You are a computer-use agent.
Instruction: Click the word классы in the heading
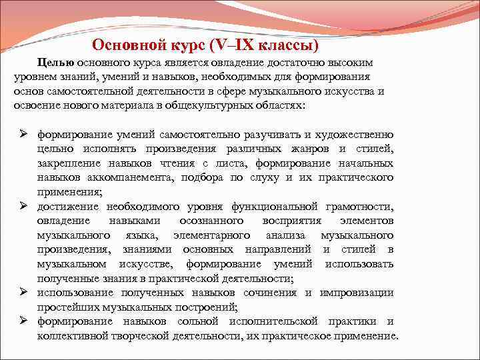pos(287,45)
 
